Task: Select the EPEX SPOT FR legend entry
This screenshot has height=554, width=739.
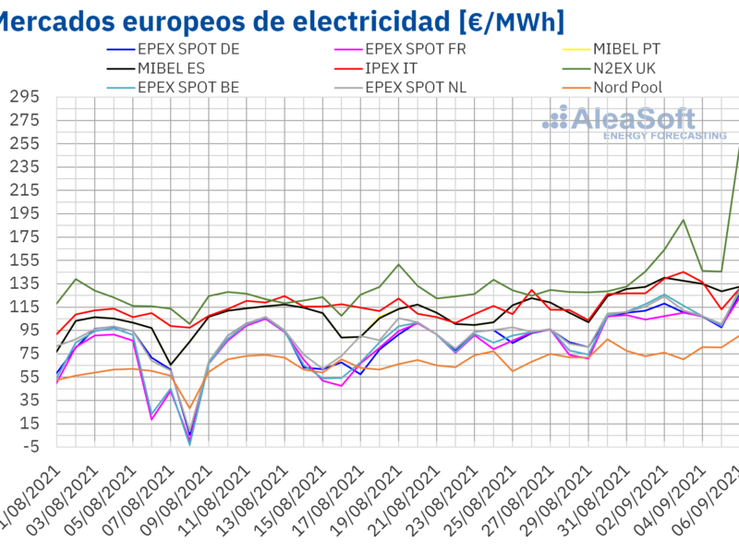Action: coord(415,49)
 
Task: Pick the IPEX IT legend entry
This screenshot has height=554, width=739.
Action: coord(398,68)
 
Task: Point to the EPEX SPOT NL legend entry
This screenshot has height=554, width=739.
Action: coord(416,88)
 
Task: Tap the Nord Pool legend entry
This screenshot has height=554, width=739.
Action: coord(628,88)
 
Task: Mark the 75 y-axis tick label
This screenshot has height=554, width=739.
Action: coord(29,353)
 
